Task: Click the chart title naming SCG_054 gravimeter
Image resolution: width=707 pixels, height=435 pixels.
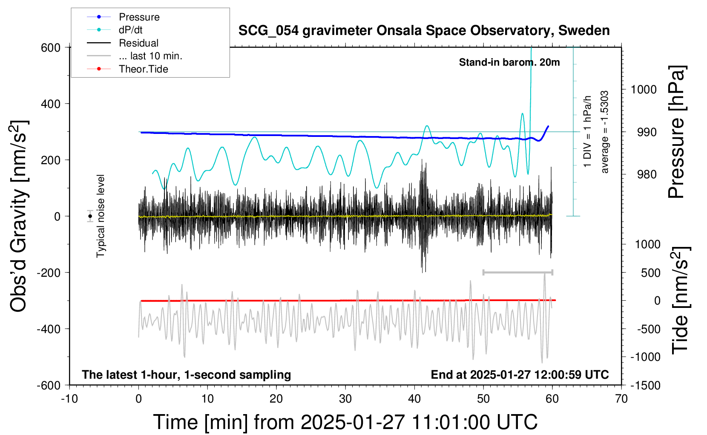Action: (424, 31)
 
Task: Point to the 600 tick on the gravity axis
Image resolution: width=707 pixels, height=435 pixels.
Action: (51, 48)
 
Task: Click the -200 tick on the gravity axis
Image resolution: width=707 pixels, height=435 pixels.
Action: (49, 273)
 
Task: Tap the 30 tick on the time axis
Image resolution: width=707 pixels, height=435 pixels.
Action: (345, 399)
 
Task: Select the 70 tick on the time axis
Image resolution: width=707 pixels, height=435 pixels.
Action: (621, 399)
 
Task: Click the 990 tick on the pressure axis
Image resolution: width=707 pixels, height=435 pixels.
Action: (647, 132)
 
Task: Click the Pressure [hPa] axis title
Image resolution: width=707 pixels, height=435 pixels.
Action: (677, 132)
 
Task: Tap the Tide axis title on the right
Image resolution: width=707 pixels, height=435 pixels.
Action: (680, 300)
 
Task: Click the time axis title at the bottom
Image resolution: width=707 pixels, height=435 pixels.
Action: (345, 422)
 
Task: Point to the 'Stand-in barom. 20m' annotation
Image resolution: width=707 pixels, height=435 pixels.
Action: (509, 63)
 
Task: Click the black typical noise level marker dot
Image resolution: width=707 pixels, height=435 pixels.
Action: (90, 216)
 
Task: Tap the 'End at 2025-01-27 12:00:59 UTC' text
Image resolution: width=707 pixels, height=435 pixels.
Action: (520, 375)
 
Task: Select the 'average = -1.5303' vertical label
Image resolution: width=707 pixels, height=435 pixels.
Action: (604, 132)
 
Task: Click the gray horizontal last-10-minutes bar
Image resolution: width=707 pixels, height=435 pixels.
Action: (517, 272)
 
